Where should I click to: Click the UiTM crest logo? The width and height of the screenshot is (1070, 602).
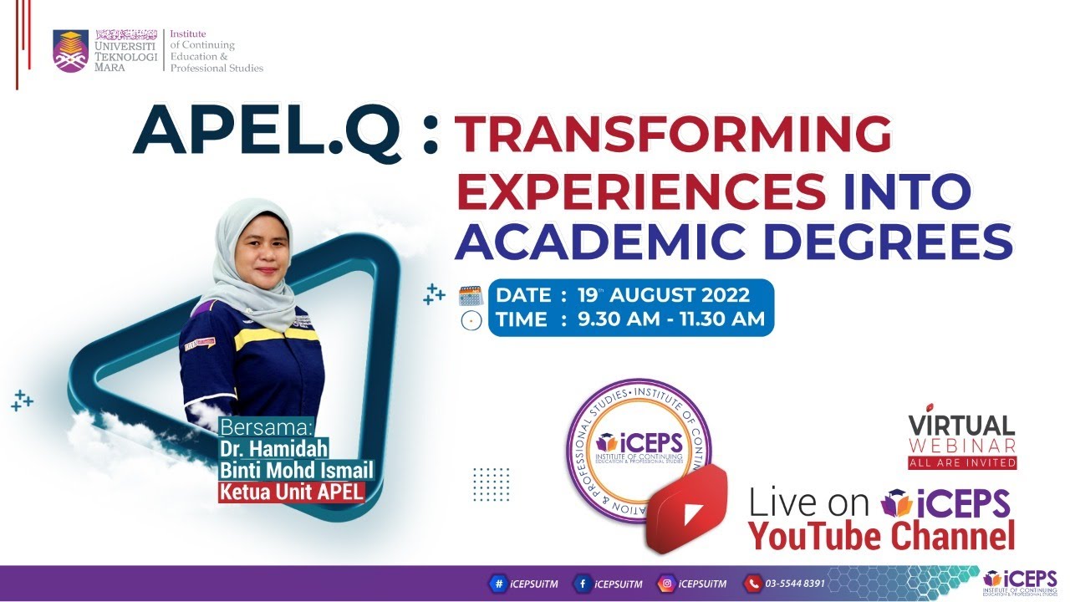(x=70, y=51)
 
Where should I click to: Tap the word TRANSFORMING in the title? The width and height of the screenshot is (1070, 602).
(x=672, y=135)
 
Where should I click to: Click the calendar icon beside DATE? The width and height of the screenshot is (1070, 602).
(x=471, y=295)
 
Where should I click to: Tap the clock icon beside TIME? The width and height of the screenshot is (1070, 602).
(x=471, y=320)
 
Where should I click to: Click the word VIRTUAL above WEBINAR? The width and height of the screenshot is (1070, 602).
(x=961, y=426)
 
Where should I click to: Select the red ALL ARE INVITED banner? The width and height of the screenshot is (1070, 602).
(x=962, y=462)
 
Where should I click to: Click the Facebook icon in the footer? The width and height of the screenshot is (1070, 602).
(x=581, y=584)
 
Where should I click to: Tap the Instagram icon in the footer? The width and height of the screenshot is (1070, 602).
(x=666, y=584)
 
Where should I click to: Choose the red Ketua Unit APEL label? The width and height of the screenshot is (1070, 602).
(x=292, y=491)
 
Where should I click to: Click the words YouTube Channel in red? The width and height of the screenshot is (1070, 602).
(x=881, y=535)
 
